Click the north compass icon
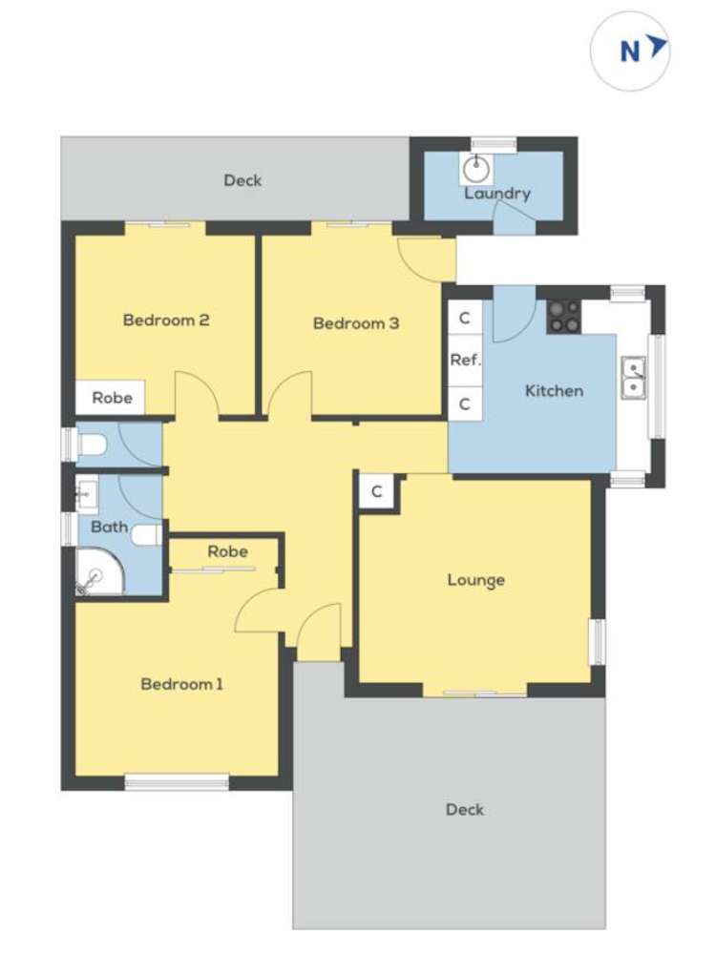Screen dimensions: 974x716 (x=630, y=51)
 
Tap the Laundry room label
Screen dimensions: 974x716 (x=496, y=194)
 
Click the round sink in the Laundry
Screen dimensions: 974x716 (x=475, y=170)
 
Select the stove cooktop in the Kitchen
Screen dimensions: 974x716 (x=563, y=317)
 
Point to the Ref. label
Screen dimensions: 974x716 (x=465, y=361)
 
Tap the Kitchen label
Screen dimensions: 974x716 (x=554, y=390)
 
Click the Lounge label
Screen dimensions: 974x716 (x=475, y=580)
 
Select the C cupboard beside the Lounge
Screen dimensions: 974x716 (x=377, y=492)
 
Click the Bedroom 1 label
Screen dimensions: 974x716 (x=181, y=683)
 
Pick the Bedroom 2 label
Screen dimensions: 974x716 (x=166, y=320)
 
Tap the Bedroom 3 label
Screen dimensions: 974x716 (x=356, y=323)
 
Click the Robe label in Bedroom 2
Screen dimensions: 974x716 (x=112, y=398)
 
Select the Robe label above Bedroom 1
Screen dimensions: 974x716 (x=227, y=551)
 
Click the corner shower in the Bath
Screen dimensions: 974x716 (x=98, y=572)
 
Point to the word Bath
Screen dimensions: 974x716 (x=109, y=526)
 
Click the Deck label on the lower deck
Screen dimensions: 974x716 (x=465, y=809)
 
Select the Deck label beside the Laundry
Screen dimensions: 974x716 (x=242, y=179)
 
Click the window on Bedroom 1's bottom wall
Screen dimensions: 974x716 (x=177, y=783)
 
